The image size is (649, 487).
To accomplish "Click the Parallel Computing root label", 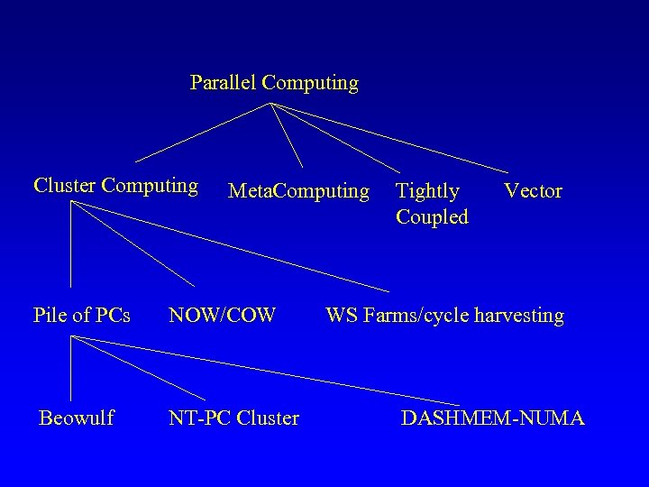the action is coord(274,83).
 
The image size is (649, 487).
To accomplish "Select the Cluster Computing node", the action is coord(115,186).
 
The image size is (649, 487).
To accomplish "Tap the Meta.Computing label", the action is coord(298,191).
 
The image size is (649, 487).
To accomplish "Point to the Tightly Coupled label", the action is coord(432,204).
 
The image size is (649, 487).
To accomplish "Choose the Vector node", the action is coord(533,191).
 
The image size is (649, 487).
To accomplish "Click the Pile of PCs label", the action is coord(81,316).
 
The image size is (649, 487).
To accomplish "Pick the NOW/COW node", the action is coord(222,316).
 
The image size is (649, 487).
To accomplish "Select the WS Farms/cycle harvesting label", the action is coord(444,316).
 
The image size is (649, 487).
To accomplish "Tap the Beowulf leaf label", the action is coord(76,418).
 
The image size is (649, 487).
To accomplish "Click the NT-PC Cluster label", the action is coord(233,418).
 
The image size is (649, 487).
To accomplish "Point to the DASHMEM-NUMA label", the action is coord(492,418).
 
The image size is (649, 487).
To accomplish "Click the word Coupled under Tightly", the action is coord(432,217).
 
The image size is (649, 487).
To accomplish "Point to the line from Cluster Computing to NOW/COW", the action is coord(132,243).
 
